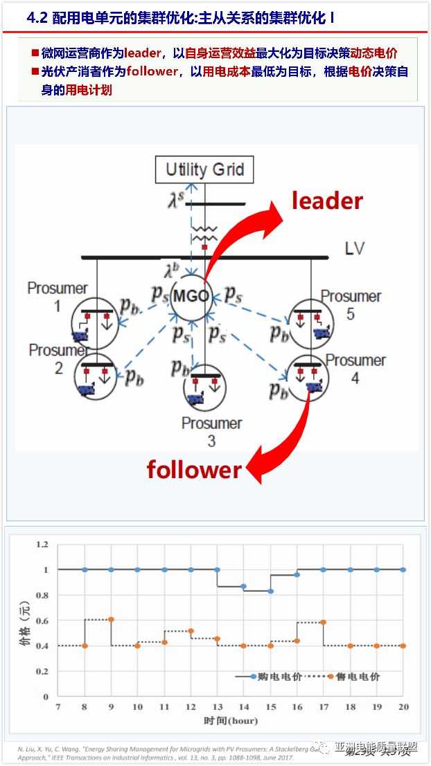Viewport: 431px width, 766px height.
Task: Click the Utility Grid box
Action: point(204,169)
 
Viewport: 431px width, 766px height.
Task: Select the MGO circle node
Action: point(191,297)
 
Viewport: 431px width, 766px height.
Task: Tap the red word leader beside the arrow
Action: point(327,201)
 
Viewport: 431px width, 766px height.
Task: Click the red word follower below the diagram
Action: point(194,470)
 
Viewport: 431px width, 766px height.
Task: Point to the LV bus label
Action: point(354,248)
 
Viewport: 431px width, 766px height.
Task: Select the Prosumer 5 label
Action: point(351,304)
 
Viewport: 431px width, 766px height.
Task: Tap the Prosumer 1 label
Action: point(58,296)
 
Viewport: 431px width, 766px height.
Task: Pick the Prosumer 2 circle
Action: point(96,376)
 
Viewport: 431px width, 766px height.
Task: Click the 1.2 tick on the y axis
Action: point(42,545)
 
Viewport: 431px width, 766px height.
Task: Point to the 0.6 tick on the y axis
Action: point(42,621)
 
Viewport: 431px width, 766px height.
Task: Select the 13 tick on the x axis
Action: point(217,706)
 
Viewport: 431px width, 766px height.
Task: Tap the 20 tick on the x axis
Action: point(403,706)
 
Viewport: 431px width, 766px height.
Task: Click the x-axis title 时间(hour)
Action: point(230,720)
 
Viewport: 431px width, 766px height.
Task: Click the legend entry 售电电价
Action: point(358,676)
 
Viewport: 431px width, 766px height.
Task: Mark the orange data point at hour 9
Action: point(111,619)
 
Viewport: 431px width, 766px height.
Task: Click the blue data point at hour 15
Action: point(270,591)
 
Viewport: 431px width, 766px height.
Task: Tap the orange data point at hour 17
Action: point(324,622)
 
